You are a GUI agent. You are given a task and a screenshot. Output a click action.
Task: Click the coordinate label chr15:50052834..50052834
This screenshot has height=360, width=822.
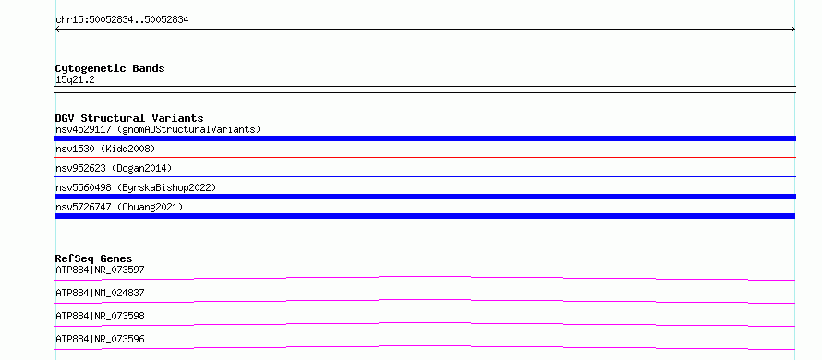[x=122, y=20]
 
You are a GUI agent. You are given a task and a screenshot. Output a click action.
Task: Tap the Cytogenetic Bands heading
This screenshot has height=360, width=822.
[x=110, y=68]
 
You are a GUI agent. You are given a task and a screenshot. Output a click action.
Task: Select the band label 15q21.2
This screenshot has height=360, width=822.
[x=75, y=80]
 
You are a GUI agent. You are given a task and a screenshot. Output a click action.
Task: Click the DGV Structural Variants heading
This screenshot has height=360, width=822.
[x=129, y=118]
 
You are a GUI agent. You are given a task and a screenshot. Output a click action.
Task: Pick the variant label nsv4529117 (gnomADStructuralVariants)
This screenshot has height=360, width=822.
[x=158, y=129]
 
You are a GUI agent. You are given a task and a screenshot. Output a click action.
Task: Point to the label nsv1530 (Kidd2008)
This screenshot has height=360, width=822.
[x=105, y=149]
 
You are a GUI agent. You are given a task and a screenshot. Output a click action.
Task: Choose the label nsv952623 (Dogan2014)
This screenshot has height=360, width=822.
[x=114, y=168]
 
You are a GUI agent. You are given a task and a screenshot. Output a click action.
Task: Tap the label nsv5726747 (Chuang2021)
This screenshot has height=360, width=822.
[x=119, y=207]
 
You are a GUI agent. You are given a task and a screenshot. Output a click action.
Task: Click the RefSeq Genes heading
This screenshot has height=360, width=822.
[x=94, y=258]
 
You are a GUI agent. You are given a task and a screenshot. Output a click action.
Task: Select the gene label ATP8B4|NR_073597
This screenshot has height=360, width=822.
[x=100, y=270]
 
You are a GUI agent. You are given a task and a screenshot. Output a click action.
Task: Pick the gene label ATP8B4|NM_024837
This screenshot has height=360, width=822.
[x=100, y=293]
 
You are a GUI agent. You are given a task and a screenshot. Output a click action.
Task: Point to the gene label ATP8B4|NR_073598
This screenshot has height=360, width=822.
[x=100, y=316]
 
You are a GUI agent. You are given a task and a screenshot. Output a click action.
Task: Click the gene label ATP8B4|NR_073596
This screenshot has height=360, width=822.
[x=100, y=339]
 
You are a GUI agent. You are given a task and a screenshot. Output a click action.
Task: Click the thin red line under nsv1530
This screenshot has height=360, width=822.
[x=425, y=157]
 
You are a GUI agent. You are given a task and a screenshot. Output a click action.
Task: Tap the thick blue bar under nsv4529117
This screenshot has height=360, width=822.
[x=425, y=138]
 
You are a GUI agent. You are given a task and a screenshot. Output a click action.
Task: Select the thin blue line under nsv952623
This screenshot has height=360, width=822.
[x=425, y=176]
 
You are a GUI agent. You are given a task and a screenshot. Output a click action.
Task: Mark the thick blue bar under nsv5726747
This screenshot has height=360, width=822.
[x=425, y=216]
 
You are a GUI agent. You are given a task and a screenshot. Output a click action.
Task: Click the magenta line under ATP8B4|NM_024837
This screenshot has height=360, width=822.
[x=425, y=300]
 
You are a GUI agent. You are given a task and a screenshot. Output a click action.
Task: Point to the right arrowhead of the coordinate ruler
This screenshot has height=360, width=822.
[x=793, y=30]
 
